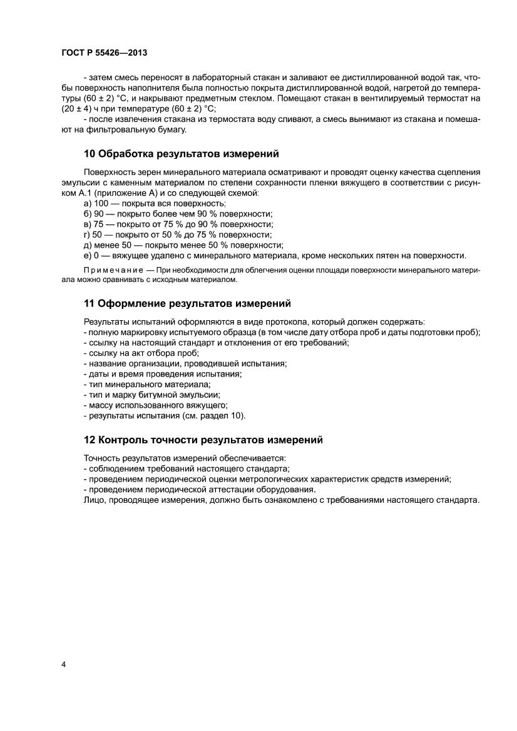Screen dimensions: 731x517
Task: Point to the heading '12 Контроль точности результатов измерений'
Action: pyautogui.click(x=203, y=440)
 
